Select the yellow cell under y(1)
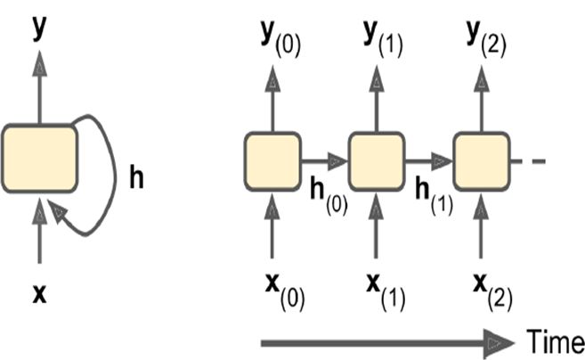(x=376, y=161)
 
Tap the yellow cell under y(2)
(x=481, y=161)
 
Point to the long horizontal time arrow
(x=383, y=341)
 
